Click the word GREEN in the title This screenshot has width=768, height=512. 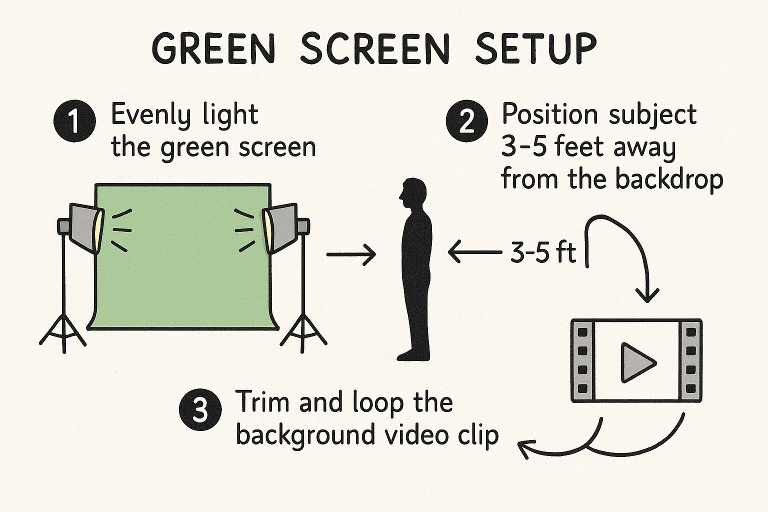click(x=213, y=49)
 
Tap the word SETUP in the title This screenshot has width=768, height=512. click(x=536, y=49)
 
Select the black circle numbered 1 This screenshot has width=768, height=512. click(x=74, y=120)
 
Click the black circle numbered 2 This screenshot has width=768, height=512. click(x=466, y=120)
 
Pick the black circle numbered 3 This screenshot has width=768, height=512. click(x=200, y=409)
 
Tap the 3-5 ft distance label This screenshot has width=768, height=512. click(x=543, y=252)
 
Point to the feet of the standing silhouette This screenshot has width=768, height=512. click(x=413, y=355)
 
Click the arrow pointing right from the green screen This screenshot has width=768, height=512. click(x=351, y=254)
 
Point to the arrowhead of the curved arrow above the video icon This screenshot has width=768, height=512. click(x=647, y=294)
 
